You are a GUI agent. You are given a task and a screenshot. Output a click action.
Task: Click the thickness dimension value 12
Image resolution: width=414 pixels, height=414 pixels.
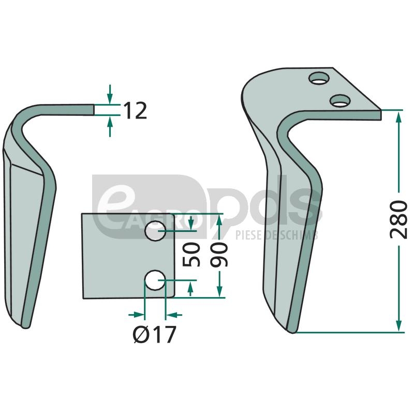135,111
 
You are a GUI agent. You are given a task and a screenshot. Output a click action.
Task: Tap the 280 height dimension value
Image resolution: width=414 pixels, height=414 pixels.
398,219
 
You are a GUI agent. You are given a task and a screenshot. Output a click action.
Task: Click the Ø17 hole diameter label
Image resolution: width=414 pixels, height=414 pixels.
154,334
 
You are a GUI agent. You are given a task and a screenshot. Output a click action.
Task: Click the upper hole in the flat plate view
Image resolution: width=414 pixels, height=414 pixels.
155,231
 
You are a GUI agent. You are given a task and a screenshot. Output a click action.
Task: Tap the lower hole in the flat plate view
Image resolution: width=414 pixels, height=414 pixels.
155,280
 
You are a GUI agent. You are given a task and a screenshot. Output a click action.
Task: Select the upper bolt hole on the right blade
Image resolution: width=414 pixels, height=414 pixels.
319,78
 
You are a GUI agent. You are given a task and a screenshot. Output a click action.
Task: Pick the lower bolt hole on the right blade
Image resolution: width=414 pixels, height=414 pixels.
340,100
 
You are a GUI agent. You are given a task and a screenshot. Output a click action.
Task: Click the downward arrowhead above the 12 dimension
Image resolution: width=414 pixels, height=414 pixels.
110,99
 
